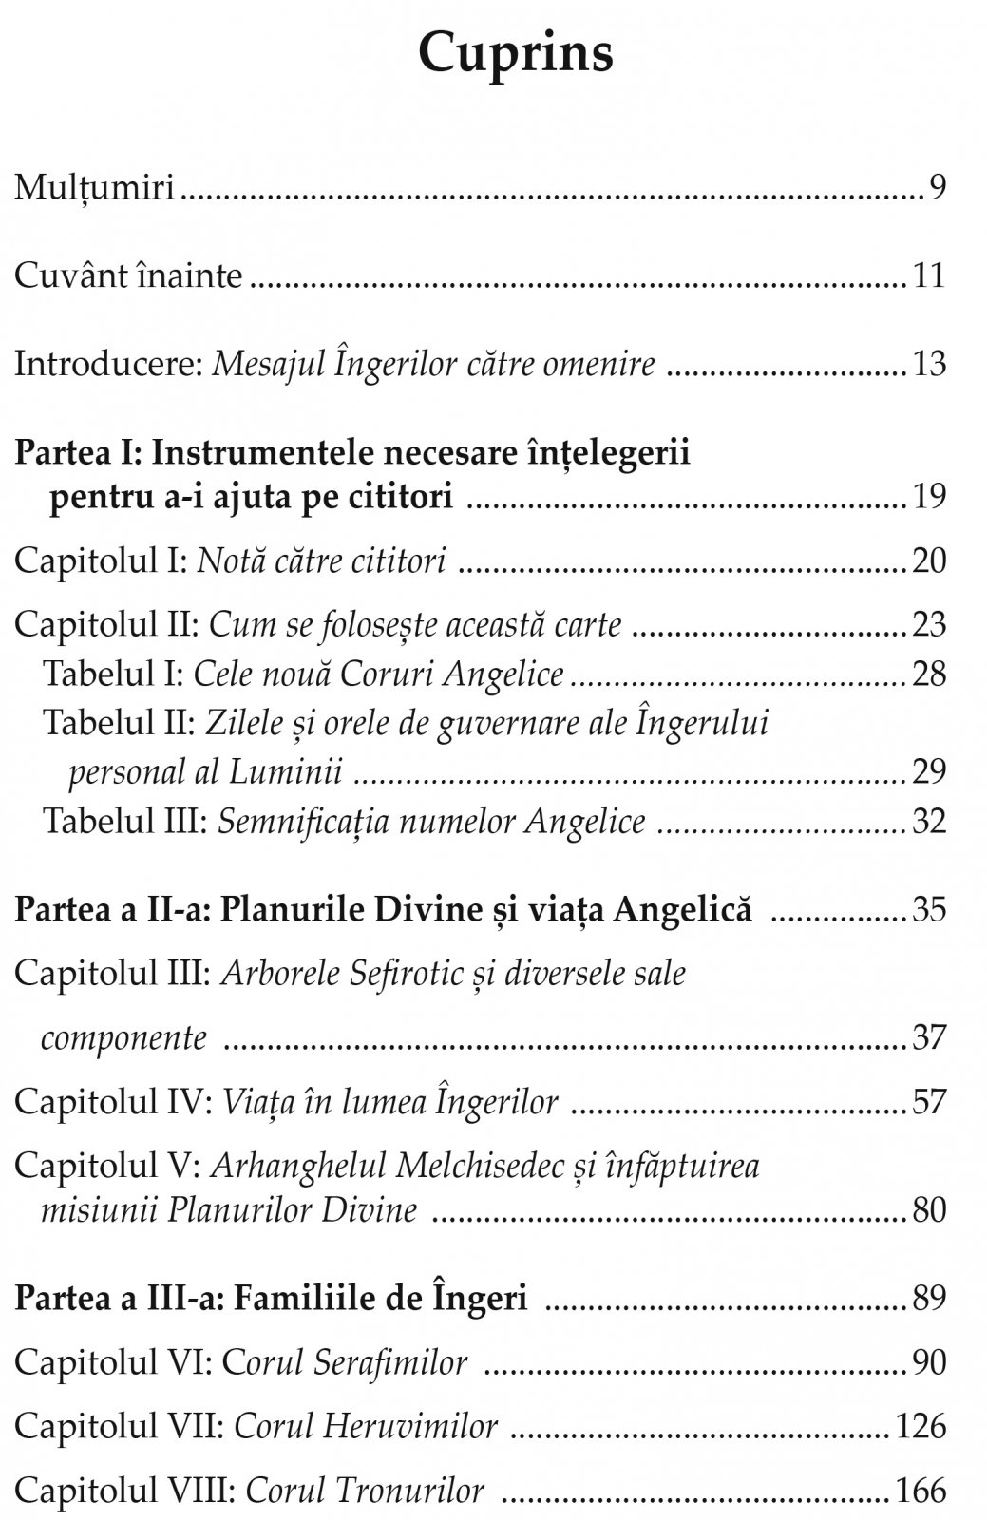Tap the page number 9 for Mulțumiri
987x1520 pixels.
coord(938,188)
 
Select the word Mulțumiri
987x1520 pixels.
coord(95,188)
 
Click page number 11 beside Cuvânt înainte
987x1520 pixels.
coord(929,276)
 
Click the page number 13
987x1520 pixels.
coord(929,365)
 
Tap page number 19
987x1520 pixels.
coord(929,497)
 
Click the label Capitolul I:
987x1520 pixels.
coord(101,561)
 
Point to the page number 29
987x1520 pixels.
coord(929,771)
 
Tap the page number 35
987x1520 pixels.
coord(929,910)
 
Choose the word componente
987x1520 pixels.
coord(123,1037)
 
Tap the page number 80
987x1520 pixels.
coord(929,1210)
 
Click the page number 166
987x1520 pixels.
coord(921,1491)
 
